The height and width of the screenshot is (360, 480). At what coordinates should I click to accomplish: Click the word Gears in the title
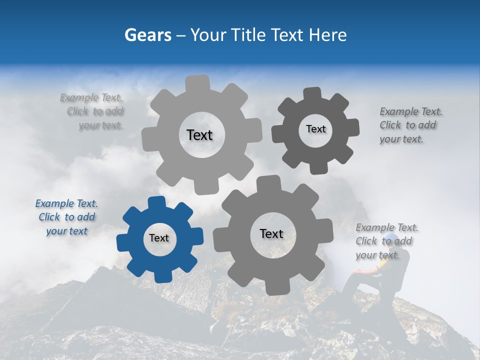147,35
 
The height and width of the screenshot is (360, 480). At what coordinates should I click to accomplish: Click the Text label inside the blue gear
159,238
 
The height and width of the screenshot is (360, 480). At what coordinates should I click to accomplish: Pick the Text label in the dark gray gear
315,129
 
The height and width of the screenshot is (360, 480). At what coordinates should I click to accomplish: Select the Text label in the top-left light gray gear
199,135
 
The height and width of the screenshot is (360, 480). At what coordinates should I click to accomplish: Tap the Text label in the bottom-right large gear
271,233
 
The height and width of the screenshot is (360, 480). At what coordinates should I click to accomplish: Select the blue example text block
66,217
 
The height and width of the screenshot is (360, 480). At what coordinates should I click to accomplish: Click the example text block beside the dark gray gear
410,125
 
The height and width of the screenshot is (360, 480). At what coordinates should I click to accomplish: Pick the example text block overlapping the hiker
386,241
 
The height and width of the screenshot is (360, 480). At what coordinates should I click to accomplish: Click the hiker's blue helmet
391,238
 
